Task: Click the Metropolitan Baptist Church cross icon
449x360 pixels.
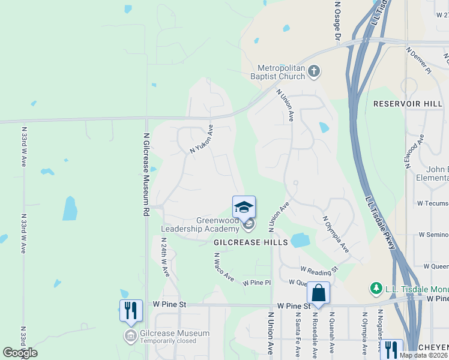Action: [x=313, y=73]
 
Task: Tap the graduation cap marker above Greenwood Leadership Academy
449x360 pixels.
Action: [x=244, y=207]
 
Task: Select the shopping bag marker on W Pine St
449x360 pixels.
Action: [x=318, y=293]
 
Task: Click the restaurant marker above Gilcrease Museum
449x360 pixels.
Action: [x=131, y=310]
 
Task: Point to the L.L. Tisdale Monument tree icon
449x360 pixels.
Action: [x=376, y=289]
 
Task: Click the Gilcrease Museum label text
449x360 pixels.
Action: [x=175, y=334]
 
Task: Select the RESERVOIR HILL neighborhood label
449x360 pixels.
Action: [x=408, y=104]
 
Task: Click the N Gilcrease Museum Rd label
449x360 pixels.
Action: [x=146, y=175]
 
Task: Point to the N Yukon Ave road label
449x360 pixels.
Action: [x=202, y=139]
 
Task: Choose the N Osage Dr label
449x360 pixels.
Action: [x=337, y=21]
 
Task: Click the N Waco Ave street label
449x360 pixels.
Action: [x=224, y=266]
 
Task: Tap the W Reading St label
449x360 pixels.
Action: [x=319, y=270]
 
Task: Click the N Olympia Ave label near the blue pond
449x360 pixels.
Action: [x=336, y=234]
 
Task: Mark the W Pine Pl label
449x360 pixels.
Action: [x=257, y=282]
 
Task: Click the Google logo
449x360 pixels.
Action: [x=20, y=352]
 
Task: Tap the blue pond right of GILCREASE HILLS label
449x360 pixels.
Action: [x=300, y=241]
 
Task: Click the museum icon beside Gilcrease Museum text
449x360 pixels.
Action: [x=130, y=335]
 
